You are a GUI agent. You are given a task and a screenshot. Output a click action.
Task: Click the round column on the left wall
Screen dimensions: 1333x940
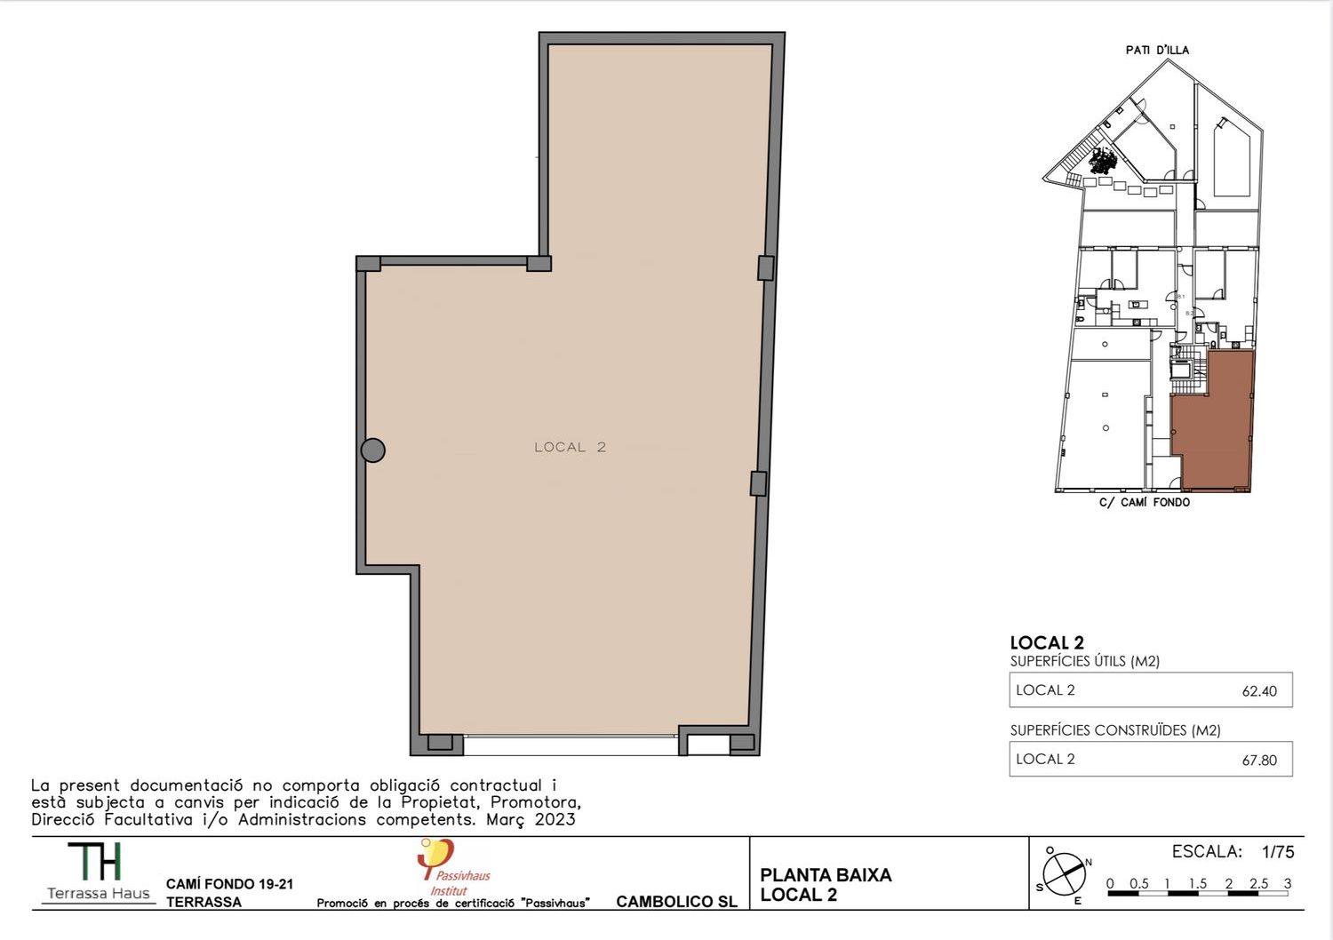[373, 450]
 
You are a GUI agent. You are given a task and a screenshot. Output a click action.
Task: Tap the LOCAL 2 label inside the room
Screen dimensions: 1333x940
[571, 448]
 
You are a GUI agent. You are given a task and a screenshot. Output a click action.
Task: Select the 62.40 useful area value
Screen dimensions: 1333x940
[1259, 690]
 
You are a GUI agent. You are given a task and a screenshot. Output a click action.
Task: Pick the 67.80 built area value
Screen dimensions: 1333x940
[1259, 760]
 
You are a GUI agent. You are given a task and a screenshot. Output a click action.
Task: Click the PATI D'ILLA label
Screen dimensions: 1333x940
[1157, 50]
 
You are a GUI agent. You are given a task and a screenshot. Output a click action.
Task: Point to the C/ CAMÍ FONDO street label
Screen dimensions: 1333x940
[1145, 502]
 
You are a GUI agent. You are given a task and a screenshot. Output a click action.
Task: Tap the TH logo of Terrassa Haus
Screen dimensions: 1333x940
[94, 861]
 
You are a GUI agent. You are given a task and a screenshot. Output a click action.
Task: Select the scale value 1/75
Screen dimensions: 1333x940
[1278, 852]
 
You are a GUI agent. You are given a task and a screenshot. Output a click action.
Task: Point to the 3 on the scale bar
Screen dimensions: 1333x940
[1287, 883]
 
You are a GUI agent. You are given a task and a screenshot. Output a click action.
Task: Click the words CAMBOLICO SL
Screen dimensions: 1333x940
[676, 901]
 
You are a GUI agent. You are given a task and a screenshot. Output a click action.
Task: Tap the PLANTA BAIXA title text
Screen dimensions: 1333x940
[826, 875]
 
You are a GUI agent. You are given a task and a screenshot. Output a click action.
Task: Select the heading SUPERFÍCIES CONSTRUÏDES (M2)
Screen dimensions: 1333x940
[1115, 730]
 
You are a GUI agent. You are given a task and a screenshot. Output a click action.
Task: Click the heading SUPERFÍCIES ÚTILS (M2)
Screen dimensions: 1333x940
[1085, 661]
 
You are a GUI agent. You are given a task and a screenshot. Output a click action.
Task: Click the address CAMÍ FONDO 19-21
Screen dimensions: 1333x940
[229, 884]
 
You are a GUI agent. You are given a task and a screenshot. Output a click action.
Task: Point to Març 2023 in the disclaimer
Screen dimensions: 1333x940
[531, 820]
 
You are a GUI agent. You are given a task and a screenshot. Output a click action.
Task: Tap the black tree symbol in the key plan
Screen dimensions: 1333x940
[1103, 159]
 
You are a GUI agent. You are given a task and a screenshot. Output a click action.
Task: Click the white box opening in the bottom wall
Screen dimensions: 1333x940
[708, 745]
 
